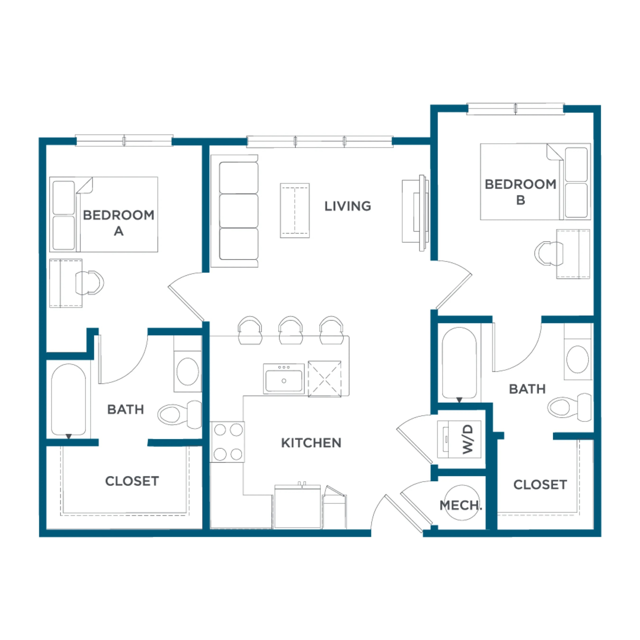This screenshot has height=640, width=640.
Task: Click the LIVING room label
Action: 347,206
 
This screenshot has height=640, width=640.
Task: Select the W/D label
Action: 468,439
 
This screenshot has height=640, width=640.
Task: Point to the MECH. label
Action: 461,505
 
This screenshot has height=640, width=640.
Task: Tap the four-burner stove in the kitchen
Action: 227,442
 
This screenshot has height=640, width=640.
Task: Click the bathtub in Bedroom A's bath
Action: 68,400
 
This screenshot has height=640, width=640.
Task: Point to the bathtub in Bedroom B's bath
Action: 459,363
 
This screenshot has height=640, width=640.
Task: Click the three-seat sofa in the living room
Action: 234,211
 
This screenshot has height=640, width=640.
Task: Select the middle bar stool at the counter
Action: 290,330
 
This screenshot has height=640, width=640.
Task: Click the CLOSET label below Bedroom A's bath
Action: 132,481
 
